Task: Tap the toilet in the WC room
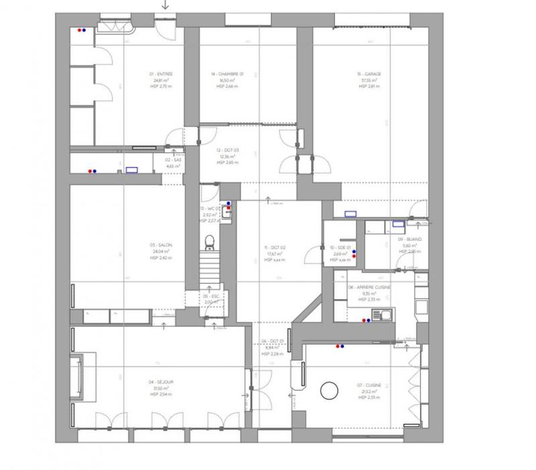tap(209, 240)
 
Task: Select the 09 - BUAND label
tap(409, 245)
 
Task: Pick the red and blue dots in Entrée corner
tap(82, 30)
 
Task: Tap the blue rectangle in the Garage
tap(351, 215)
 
